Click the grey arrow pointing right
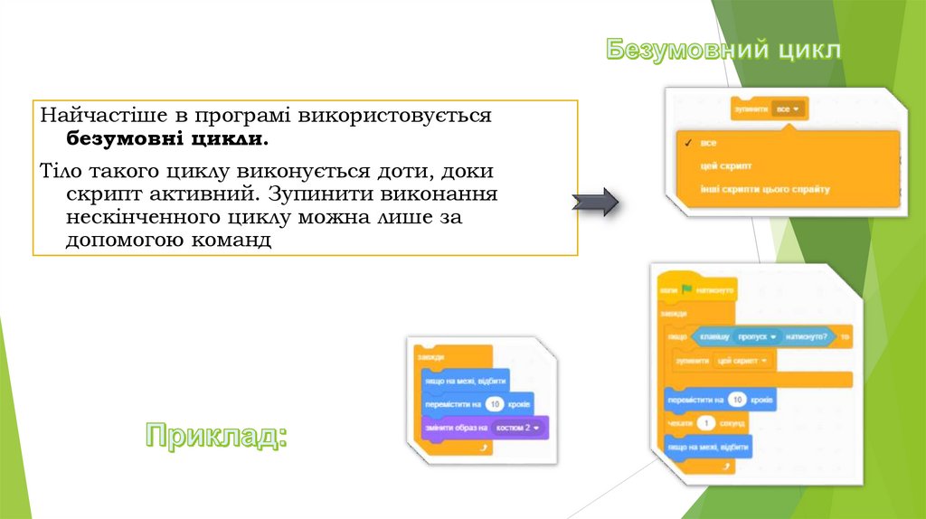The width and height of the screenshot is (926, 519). [595, 203]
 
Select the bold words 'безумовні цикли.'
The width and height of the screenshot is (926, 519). [166, 140]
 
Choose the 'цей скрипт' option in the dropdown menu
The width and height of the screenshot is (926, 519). [726, 166]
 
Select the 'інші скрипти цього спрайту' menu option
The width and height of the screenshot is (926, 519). [764, 189]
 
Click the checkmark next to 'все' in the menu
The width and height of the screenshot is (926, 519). [689, 143]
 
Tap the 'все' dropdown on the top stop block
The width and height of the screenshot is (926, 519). [789, 109]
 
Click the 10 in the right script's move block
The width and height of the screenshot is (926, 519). [737, 400]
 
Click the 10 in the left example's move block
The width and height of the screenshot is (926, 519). [494, 403]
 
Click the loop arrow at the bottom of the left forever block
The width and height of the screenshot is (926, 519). [485, 447]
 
